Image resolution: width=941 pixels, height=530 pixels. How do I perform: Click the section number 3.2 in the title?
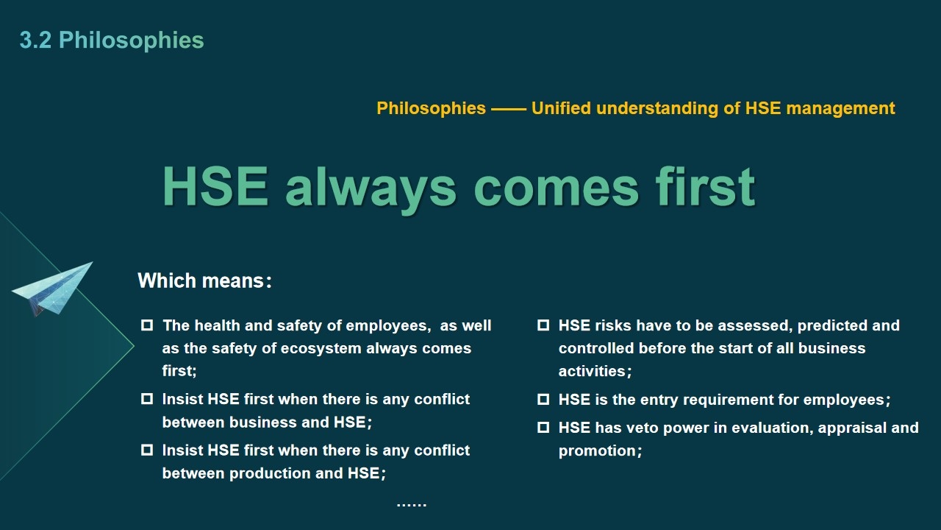click(x=36, y=40)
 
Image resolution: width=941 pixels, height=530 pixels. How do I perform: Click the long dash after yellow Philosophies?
click(x=509, y=109)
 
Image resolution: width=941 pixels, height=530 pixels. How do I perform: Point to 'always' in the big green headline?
click(x=370, y=189)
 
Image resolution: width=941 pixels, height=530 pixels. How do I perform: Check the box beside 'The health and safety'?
click(x=147, y=325)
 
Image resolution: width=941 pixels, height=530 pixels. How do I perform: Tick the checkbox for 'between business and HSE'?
click(x=147, y=399)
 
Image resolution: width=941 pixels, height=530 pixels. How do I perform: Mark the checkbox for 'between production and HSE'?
click(x=147, y=450)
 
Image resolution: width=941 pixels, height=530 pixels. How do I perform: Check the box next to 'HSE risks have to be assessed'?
click(x=543, y=325)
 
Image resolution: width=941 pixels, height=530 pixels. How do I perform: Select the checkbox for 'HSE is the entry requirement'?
click(x=543, y=399)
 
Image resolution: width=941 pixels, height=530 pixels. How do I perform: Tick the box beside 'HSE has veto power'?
click(x=543, y=428)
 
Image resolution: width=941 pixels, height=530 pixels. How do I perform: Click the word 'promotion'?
click(x=597, y=451)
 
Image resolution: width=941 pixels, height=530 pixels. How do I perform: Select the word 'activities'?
click(x=593, y=371)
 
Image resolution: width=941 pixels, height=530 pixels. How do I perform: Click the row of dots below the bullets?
click(x=412, y=504)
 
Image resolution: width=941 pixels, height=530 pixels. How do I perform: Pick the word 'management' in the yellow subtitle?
click(x=840, y=108)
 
